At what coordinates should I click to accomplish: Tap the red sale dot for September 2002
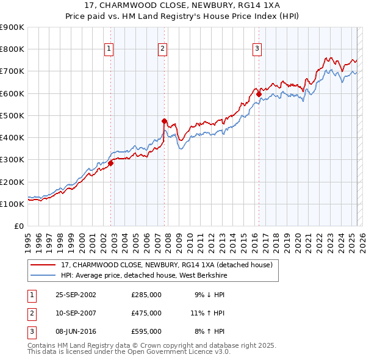(111, 163)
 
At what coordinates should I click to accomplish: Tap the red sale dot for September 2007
(164, 121)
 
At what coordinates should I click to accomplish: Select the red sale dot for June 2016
(259, 94)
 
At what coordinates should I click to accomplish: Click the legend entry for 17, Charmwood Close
(170, 264)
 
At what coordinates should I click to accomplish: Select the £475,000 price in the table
(146, 313)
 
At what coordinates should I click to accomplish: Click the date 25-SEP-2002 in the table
(76, 295)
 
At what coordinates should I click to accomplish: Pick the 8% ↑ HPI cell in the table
(210, 331)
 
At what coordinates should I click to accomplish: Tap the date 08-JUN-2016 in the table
(76, 331)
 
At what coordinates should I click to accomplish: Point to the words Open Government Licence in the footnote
(184, 351)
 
